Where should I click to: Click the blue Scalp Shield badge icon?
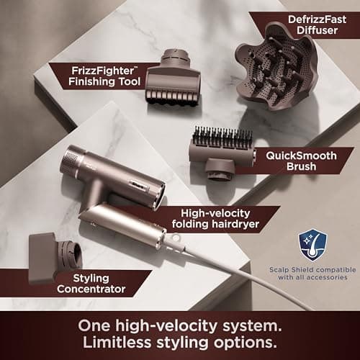[x=312, y=245]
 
